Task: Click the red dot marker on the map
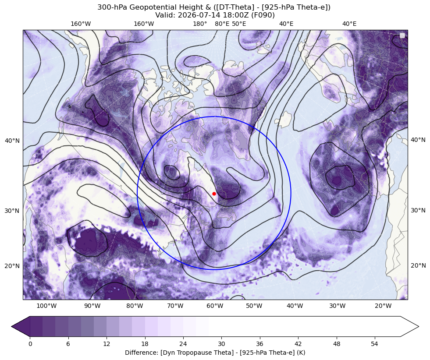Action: [214, 194]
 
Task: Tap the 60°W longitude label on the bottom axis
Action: [215, 306]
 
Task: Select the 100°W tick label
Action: [46, 306]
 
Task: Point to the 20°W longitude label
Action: [383, 306]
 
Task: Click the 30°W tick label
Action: [338, 306]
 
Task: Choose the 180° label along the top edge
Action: [200, 24]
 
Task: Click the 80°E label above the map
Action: [222, 24]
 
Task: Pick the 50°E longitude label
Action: [239, 24]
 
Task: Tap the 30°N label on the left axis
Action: [12, 211]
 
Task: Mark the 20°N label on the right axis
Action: [418, 265]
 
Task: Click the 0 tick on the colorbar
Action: [30, 344]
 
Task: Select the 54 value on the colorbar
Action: [375, 344]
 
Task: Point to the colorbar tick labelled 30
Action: [221, 344]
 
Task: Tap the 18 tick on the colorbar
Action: [145, 344]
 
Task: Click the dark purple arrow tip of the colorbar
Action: [12, 326]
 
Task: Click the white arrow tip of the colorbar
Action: [418, 326]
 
